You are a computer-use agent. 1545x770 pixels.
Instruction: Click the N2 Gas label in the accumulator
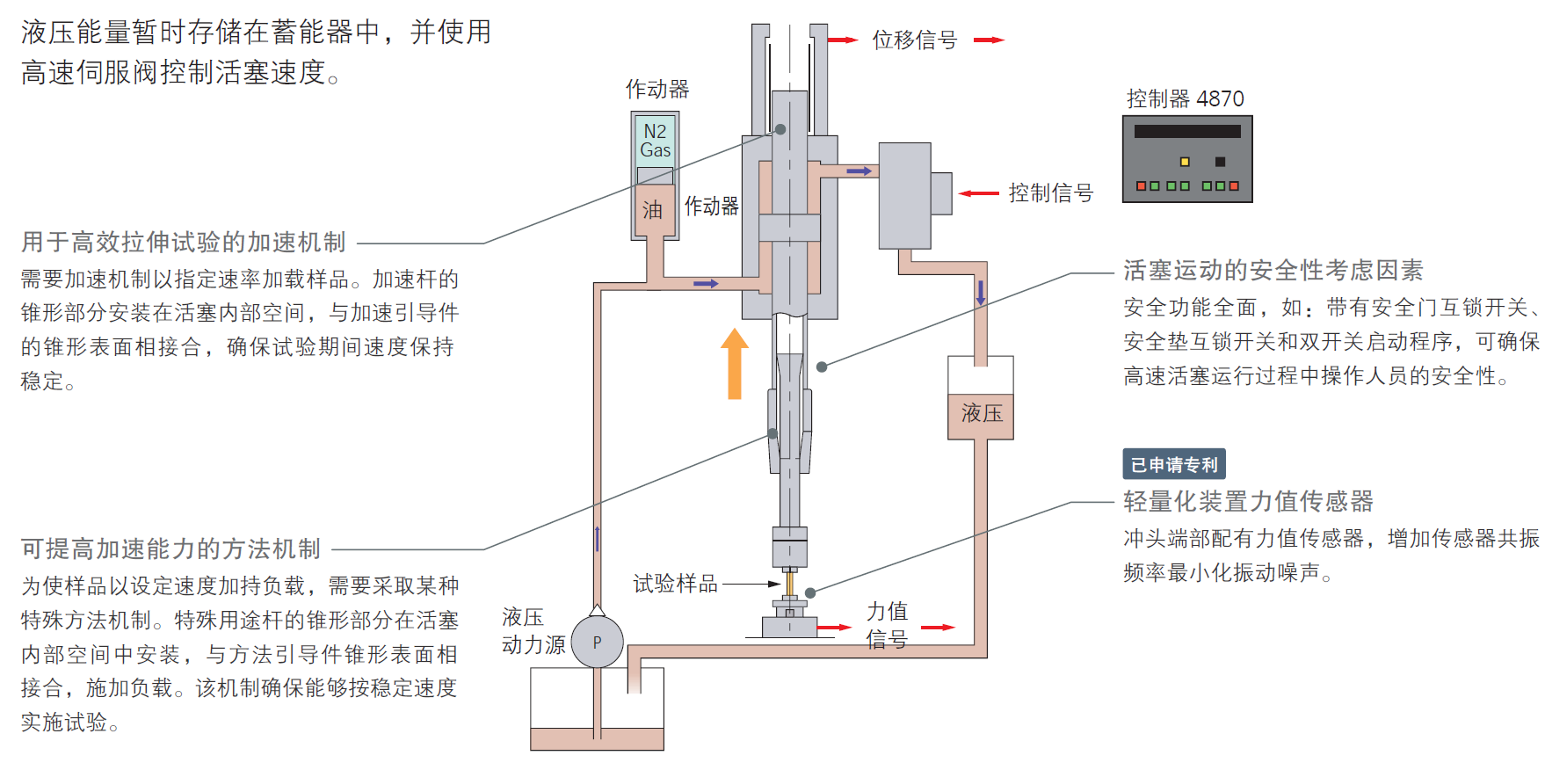point(655,141)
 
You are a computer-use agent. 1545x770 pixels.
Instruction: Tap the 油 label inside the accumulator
point(652,210)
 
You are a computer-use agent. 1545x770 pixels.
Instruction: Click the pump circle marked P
point(597,642)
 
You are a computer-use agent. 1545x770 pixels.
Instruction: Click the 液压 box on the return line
point(981,413)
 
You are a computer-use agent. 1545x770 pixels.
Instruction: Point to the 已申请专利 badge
point(1173,464)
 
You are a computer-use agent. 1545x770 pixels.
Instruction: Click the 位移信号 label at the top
point(914,40)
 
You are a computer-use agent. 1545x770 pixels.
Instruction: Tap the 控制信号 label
point(1050,193)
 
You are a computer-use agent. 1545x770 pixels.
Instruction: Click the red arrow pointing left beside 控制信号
point(978,193)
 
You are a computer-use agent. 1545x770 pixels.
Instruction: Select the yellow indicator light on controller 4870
point(1184,162)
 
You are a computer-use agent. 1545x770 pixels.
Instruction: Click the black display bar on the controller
point(1186,132)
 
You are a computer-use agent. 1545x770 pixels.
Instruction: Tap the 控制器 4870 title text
point(1185,98)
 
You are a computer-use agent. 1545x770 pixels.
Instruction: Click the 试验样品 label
point(675,584)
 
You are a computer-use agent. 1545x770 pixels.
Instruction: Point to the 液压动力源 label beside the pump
point(532,631)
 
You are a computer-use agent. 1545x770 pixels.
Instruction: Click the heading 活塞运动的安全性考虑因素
point(1273,270)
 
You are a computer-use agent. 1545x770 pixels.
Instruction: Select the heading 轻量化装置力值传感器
point(1248,501)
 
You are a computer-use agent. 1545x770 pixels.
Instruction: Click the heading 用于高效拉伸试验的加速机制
point(184,242)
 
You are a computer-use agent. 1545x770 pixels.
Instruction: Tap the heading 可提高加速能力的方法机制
point(171,548)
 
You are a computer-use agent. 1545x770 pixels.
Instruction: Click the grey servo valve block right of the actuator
point(905,195)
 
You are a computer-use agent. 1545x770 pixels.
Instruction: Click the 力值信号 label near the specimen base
point(886,625)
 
